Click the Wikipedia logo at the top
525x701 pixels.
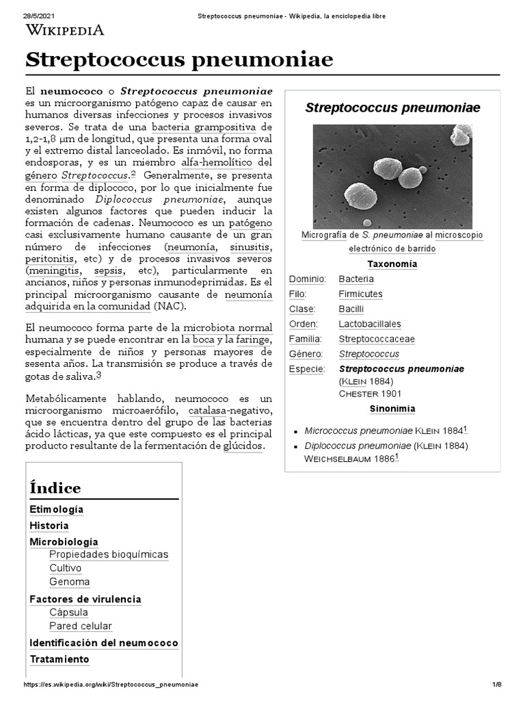click(x=65, y=29)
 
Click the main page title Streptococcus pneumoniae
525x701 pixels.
click(x=179, y=60)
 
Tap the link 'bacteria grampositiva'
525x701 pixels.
click(x=204, y=127)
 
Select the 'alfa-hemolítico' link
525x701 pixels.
click(x=217, y=162)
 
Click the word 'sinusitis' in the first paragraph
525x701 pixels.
click(x=249, y=246)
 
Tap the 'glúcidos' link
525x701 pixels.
click(x=243, y=446)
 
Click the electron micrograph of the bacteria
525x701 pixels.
click(x=392, y=176)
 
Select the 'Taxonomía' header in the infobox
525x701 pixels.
click(x=392, y=264)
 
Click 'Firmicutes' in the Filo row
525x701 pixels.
click(x=360, y=294)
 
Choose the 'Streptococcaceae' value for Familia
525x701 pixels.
click(x=377, y=339)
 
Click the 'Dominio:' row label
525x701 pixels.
click(x=308, y=279)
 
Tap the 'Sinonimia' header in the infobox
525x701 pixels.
click(x=392, y=409)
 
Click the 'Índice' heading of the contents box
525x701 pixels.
click(x=55, y=488)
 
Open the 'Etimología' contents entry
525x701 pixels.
click(x=57, y=510)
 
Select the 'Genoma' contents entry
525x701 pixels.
click(x=69, y=582)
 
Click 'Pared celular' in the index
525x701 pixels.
click(x=81, y=626)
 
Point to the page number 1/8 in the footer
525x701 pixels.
click(x=496, y=685)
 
